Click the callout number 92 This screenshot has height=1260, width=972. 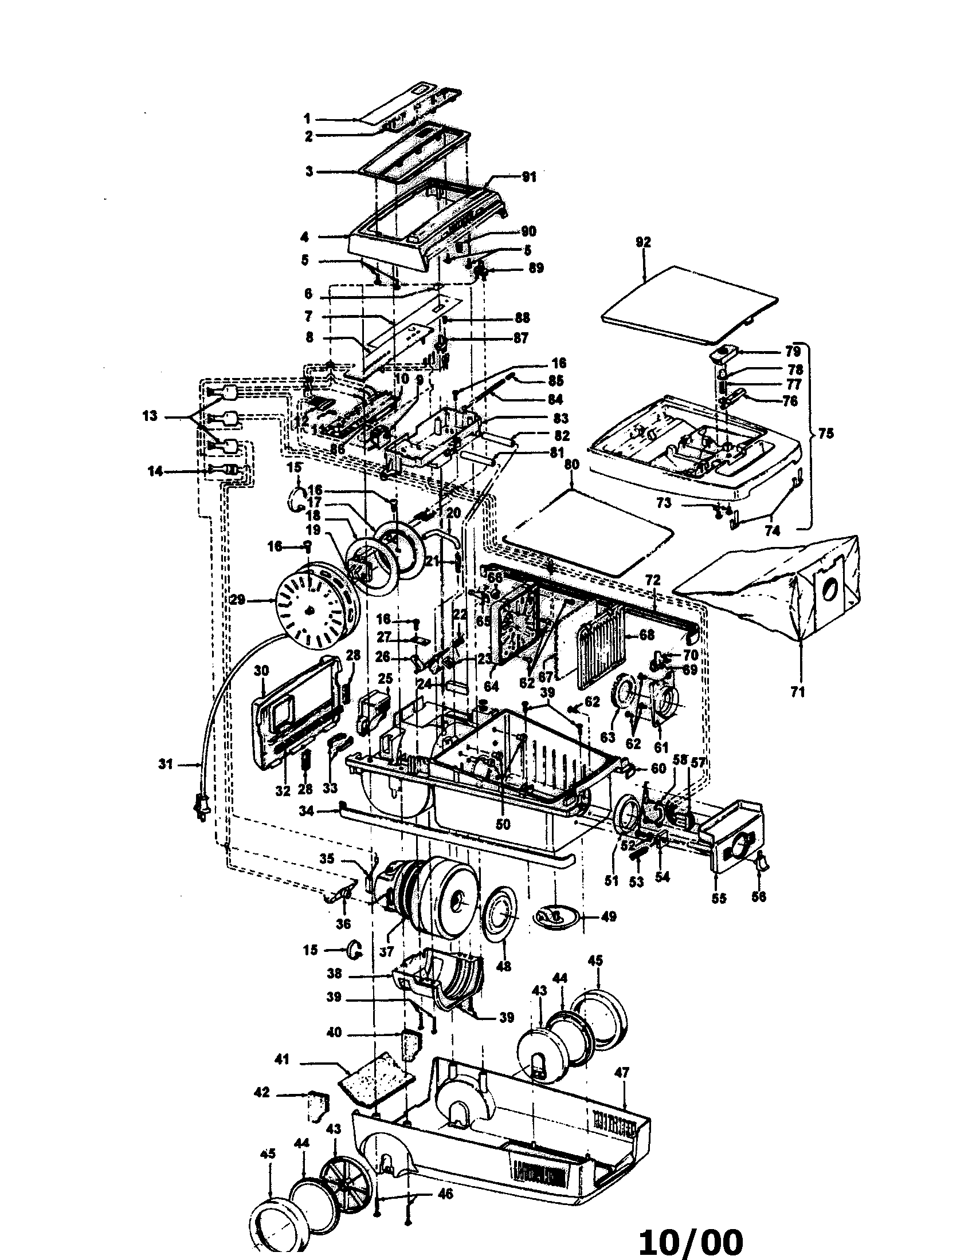[643, 242]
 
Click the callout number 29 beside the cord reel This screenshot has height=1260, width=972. [237, 600]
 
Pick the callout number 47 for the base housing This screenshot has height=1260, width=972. [621, 1073]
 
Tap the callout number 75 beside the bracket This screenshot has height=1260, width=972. [826, 434]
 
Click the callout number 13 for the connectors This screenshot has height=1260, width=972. [150, 415]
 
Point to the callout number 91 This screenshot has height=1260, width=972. [529, 177]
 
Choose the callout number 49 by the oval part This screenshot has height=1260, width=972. [608, 916]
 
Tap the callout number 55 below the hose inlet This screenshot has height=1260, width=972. [719, 898]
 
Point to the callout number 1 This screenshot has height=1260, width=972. [307, 119]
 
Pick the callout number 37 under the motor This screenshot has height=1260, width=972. [386, 951]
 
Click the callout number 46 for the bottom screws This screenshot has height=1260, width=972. [444, 1194]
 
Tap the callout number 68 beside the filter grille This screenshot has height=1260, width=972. [646, 635]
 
